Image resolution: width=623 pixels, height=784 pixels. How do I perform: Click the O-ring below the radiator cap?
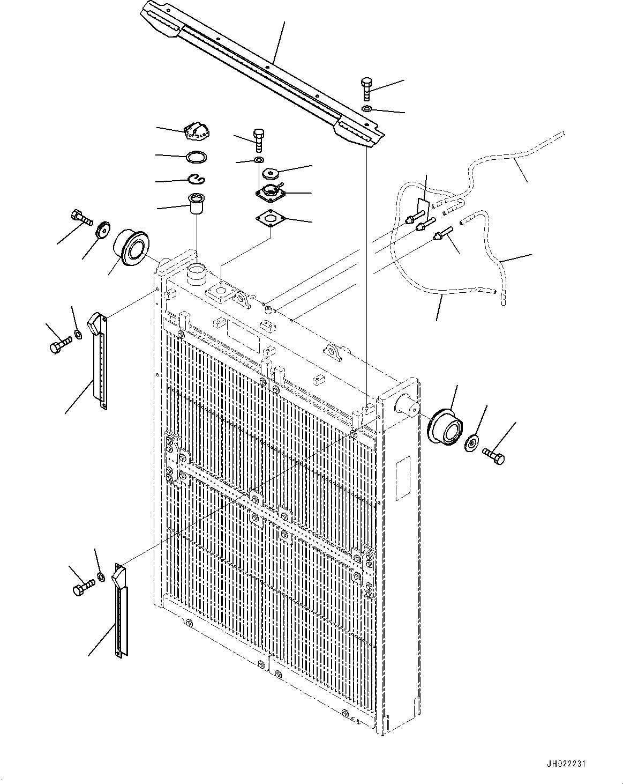click(x=197, y=157)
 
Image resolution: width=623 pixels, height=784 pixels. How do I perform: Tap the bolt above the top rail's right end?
click(x=366, y=89)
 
